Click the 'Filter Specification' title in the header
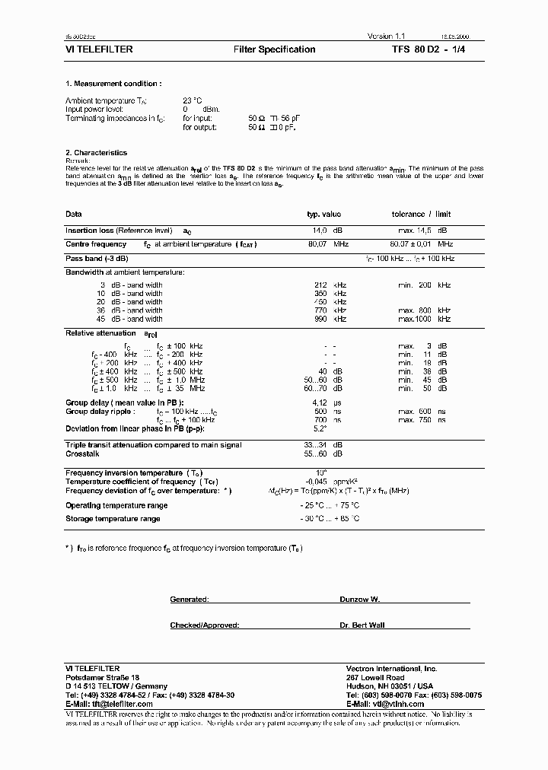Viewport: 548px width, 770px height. coord(274,49)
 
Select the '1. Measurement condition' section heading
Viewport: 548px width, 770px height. coord(113,84)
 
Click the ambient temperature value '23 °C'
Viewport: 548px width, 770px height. coord(192,100)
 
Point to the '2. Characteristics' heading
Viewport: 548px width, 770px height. coord(96,153)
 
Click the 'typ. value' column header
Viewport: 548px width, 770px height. coord(323,215)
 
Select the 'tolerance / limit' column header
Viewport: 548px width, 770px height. coord(421,215)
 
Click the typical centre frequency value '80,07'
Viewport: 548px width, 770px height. coord(317,244)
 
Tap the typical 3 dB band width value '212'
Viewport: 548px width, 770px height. coord(320,285)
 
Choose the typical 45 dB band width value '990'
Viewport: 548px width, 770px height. coord(320,319)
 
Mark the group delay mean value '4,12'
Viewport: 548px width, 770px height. coord(320,402)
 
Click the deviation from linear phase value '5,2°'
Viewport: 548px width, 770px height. coord(320,428)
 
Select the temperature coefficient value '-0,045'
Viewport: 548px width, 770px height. coord(316,482)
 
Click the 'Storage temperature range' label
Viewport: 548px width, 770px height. coord(113,519)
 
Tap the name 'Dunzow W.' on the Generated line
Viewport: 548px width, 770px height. coord(359,600)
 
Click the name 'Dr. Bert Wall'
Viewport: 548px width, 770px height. coord(362,625)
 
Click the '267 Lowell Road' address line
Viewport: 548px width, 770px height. coord(374,677)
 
